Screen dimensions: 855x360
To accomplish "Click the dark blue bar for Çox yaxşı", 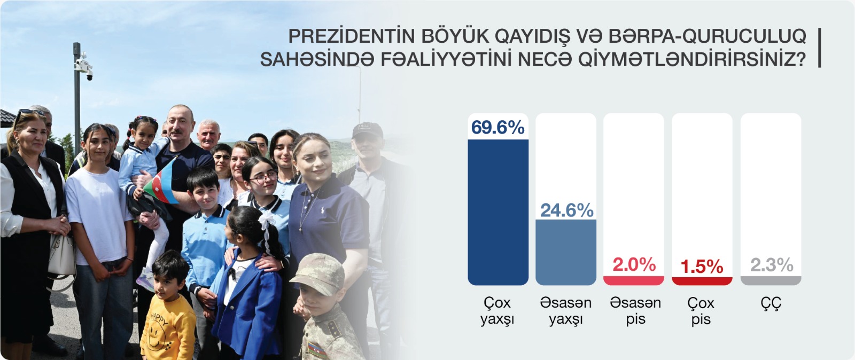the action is pyautogui.click(x=498, y=212).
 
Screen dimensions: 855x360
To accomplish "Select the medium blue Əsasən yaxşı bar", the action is pyautogui.click(x=566, y=252).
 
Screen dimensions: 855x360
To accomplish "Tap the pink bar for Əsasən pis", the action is pyautogui.click(x=634, y=280).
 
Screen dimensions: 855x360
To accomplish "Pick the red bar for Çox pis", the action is pyautogui.click(x=702, y=281).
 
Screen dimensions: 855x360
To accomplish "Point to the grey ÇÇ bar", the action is pyautogui.click(x=771, y=280).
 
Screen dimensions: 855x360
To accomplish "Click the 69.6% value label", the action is pyautogui.click(x=498, y=127).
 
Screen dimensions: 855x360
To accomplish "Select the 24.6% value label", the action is pyautogui.click(x=567, y=210).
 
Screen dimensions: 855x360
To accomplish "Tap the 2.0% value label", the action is pyautogui.click(x=634, y=265).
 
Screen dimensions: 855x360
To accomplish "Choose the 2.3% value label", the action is pyautogui.click(x=772, y=265).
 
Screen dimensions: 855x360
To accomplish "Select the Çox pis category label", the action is pyautogui.click(x=701, y=311).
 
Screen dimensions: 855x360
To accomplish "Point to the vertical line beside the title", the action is pyautogui.click(x=820, y=48).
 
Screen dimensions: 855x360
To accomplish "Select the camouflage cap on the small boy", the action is pyautogui.click(x=318, y=274).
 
